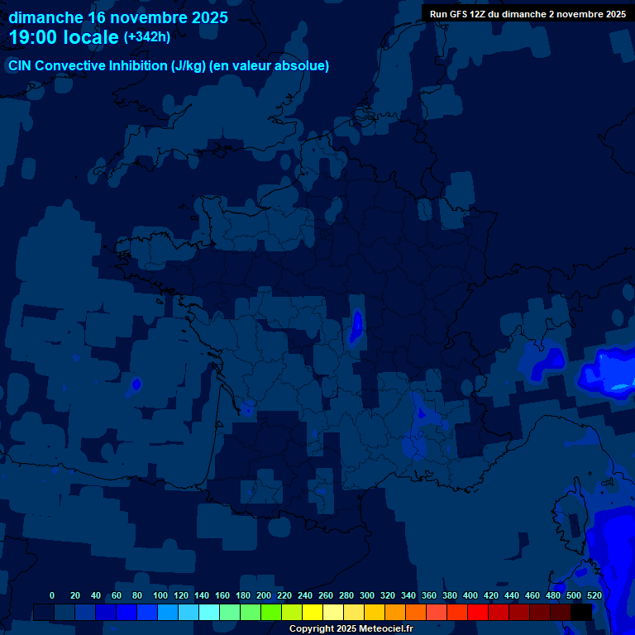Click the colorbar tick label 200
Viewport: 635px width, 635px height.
264,595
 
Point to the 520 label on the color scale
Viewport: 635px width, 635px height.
594,595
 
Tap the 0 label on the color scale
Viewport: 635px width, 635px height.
52,595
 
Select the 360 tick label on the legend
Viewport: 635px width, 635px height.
429,595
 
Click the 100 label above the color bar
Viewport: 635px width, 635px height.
160,595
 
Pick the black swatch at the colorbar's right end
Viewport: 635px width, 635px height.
581,612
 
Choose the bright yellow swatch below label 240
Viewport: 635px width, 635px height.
313,612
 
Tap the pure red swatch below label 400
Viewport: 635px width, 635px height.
478,612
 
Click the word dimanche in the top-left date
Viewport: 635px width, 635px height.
45,17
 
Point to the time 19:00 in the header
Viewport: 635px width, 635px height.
34,37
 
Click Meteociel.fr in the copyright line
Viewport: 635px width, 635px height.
386,629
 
